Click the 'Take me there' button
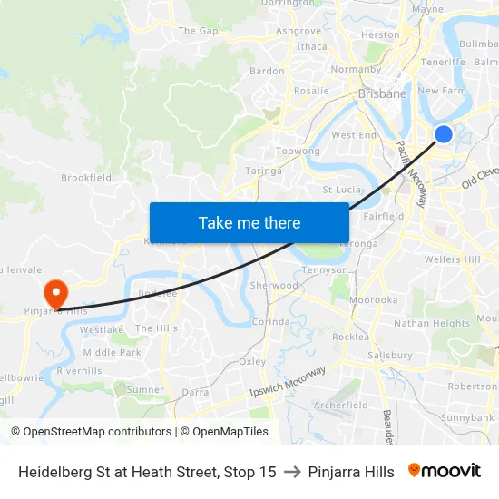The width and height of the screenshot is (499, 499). (249, 222)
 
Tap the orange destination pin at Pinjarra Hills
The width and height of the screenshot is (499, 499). (55, 292)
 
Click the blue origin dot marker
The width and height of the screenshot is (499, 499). (444, 134)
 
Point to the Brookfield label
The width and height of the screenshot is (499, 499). (86, 178)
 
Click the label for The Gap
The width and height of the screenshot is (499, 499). (198, 31)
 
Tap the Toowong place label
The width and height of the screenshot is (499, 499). (298, 151)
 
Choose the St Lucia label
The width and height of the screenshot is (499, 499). (342, 190)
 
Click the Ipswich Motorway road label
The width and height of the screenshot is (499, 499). (287, 383)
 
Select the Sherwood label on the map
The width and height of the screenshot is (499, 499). (273, 285)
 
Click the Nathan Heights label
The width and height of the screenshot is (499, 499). (432, 323)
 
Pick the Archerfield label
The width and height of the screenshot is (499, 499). (340, 405)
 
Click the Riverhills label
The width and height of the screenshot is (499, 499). (80, 370)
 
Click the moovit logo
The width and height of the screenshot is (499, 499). (445, 471)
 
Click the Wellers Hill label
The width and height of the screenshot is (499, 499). (453, 259)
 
